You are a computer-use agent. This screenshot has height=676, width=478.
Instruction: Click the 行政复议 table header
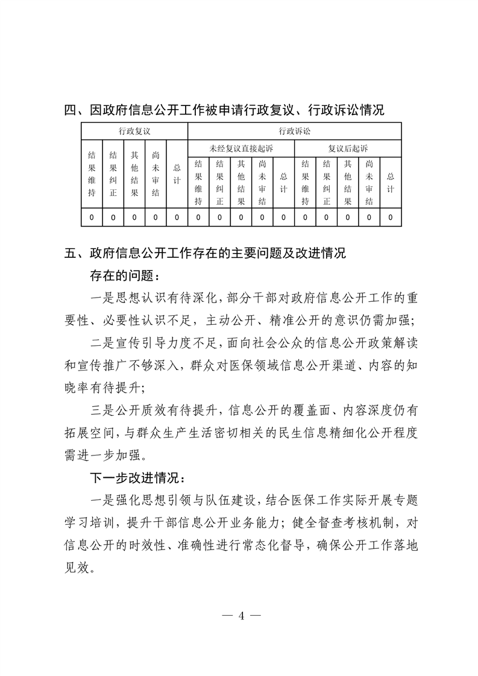(134, 131)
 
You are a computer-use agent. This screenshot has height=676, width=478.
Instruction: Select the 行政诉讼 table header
(295, 131)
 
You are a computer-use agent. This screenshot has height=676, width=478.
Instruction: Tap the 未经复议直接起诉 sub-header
(241, 148)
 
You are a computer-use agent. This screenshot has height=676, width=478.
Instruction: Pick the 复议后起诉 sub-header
(348, 148)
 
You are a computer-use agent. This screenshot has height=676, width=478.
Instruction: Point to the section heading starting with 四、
(224, 110)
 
